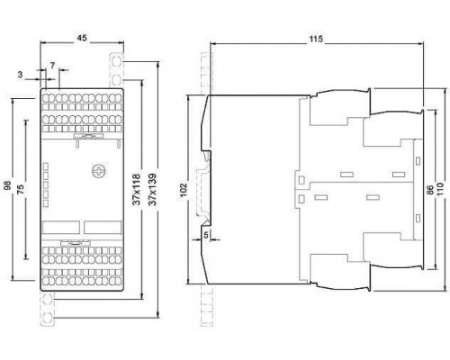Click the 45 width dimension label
[82, 38]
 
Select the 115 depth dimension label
[316, 39]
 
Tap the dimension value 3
[20, 75]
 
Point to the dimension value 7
[52, 66]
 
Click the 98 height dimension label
[8, 185]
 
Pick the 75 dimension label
[21, 189]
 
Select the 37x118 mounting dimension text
[137, 189]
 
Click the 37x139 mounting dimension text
[153, 189]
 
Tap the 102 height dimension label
[183, 190]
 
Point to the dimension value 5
[206, 235]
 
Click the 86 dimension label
[430, 190]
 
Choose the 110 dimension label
[439, 189]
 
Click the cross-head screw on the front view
[99, 171]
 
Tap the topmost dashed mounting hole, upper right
[117, 62]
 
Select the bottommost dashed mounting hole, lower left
[47, 317]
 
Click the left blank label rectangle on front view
[61, 228]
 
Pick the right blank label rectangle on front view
[103, 228]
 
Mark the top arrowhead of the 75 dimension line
[26, 122]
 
